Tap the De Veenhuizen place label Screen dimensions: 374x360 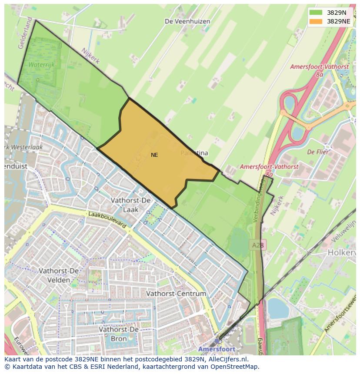coord(187,21)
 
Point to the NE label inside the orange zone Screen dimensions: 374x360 coord(154,155)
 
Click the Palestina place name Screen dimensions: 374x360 coord(194,153)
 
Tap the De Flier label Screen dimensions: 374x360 coord(318,152)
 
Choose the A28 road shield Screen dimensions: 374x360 coord(258,245)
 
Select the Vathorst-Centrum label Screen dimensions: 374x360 coord(176,294)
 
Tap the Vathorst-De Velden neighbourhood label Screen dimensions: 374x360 coord(59,275)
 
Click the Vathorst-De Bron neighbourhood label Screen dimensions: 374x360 coord(118,334)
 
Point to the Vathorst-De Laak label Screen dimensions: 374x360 coord(130,205)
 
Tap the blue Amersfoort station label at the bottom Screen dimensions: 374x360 coord(217,349)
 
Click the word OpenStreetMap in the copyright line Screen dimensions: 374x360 coord(235,367)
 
